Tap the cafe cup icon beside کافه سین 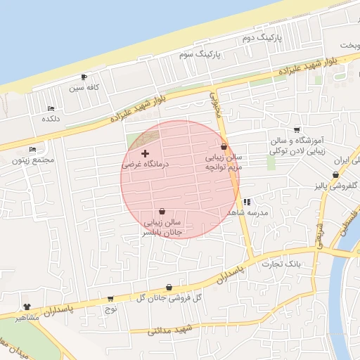pos(84,77)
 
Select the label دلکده pos(50,119)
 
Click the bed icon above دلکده pos(51,108)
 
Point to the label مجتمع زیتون pos(32,160)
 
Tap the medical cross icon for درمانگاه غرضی pos(146,153)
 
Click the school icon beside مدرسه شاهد pos(247,202)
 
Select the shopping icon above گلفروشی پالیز pos(335,174)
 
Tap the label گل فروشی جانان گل pos(169,298)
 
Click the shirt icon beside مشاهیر pos(27,307)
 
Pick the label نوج pos(110,309)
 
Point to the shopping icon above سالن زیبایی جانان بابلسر pos(162,211)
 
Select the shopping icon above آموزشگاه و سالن pos(297,129)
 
